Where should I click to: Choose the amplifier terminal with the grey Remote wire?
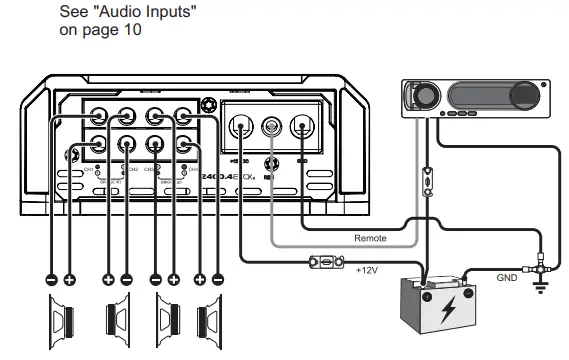[270, 127]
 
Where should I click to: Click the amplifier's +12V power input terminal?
[240, 127]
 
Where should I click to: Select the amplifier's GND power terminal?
[301, 127]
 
